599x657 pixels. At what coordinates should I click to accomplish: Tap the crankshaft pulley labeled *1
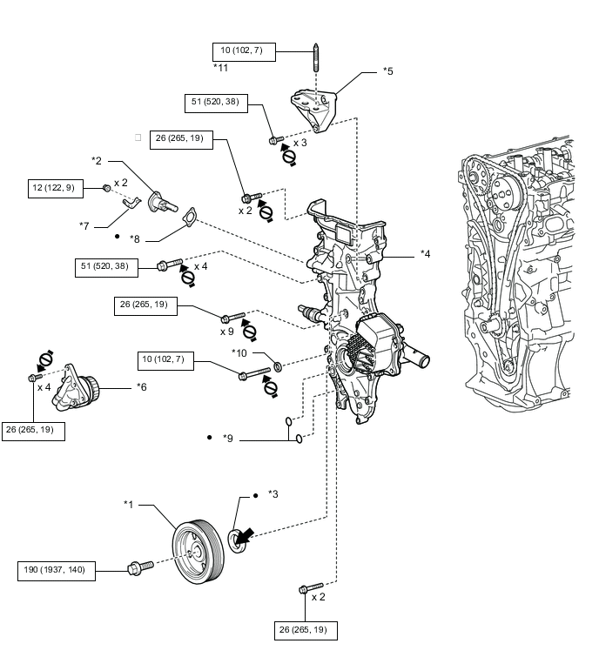pos(198,552)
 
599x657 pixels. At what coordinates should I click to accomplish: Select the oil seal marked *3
pos(238,541)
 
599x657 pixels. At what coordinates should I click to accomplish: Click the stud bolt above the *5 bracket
pos(316,57)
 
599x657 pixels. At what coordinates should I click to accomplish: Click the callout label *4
pos(425,254)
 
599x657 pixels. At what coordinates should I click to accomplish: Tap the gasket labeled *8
pos(190,216)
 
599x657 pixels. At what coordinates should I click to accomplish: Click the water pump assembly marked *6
pos(76,388)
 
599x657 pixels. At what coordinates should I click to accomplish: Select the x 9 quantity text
pos(226,332)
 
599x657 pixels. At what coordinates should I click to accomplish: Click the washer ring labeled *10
pos(278,367)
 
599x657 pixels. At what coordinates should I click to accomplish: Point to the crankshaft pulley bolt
pos(140,567)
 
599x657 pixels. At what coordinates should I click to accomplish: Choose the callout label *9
pos(227,439)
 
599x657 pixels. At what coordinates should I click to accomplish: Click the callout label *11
pos(220,68)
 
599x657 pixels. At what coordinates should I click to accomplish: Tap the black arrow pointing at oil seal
pos(245,536)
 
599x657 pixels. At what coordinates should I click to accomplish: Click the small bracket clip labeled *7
pos(131,203)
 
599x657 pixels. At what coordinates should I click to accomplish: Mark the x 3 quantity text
pos(300,143)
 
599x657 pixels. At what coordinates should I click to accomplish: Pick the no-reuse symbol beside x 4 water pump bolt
pos(45,359)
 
